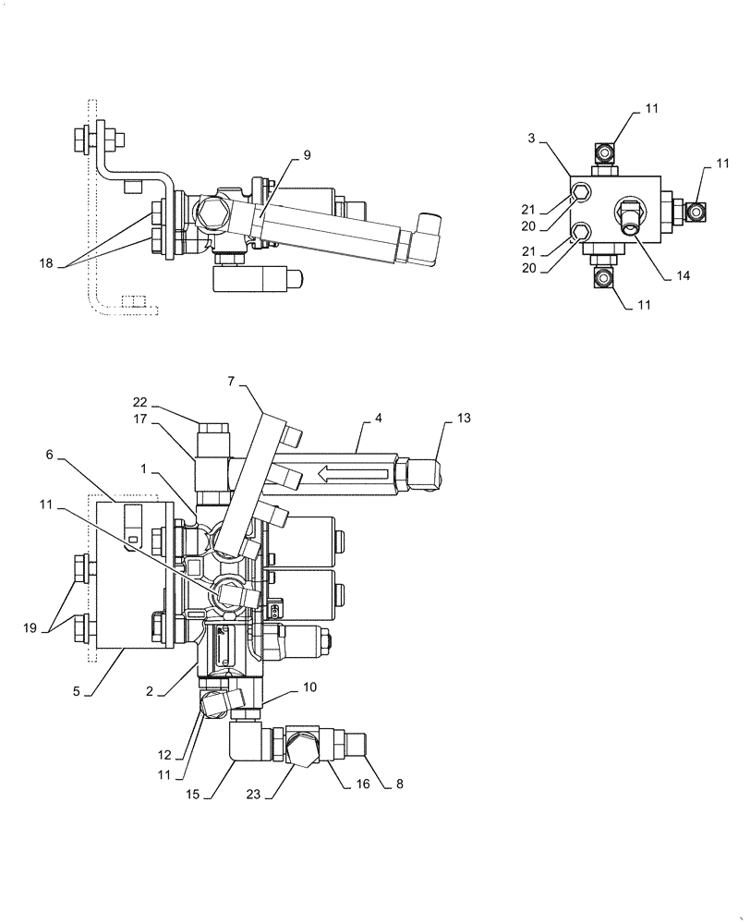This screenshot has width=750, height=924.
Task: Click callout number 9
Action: click(x=307, y=155)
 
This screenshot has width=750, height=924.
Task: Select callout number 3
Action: click(x=531, y=139)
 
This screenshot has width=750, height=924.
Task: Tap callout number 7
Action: click(x=231, y=381)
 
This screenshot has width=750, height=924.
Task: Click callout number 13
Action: click(x=464, y=419)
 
